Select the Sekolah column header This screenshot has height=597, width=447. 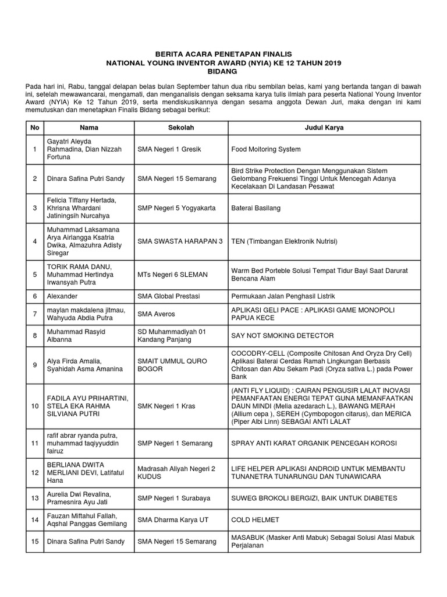[180, 127]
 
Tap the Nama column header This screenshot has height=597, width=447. [89, 127]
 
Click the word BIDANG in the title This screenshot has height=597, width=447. [223, 71]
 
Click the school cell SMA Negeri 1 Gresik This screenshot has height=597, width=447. [169, 149]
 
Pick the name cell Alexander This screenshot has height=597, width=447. [62, 296]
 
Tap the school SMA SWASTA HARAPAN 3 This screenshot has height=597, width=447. [180, 241]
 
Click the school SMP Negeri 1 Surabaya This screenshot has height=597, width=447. [173, 498]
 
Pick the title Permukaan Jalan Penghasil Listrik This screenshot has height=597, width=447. [283, 296]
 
